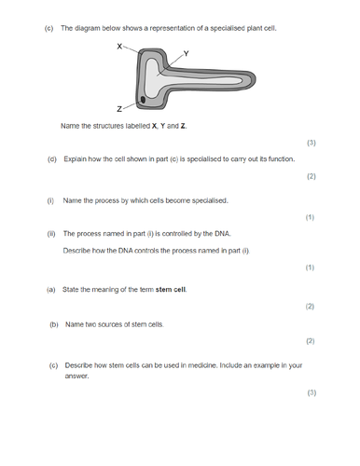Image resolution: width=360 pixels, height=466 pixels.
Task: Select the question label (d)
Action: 52,159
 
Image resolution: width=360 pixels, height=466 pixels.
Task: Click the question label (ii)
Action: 51,234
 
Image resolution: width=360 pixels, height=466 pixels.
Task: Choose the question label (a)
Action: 51,289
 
